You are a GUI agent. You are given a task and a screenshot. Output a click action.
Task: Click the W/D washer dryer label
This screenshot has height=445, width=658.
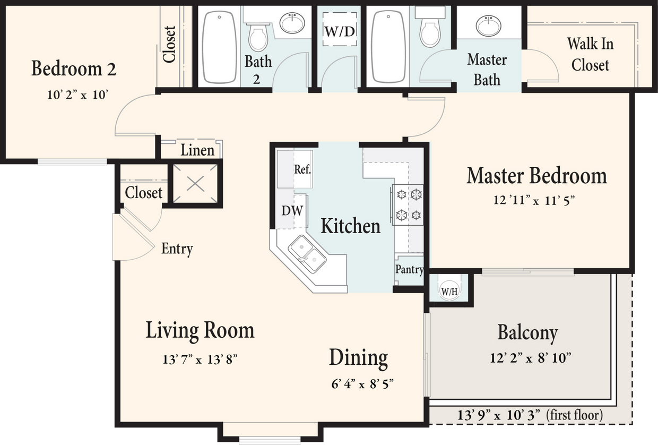click(x=339, y=31)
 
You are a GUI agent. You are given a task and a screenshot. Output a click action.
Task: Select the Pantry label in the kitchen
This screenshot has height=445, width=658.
click(x=409, y=270)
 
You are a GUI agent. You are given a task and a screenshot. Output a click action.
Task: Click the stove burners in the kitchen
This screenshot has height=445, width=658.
click(x=408, y=205)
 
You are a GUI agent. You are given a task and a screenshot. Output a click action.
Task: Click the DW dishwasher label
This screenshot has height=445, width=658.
click(x=292, y=211)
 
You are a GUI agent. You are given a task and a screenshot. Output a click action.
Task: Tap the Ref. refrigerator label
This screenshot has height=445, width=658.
click(x=302, y=170)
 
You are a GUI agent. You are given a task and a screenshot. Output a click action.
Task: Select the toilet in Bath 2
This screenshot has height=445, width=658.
click(x=258, y=38)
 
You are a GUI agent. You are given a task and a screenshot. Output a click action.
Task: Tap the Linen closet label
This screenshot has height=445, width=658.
click(x=197, y=150)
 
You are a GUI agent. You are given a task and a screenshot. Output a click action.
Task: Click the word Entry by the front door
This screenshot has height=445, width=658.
click(x=177, y=249)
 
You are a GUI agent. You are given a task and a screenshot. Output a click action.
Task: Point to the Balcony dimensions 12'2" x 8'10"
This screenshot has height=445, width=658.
click(x=530, y=358)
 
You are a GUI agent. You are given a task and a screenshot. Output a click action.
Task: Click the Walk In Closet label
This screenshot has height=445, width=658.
click(x=590, y=54)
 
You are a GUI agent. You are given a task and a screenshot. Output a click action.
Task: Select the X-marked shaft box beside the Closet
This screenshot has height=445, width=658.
click(x=195, y=184)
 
